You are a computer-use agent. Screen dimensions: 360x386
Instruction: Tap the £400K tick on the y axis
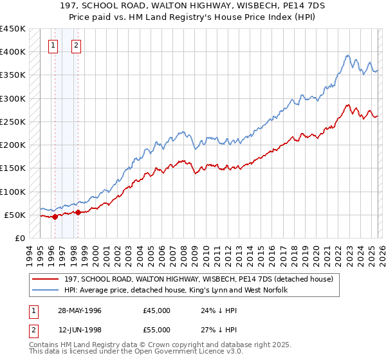(12, 52)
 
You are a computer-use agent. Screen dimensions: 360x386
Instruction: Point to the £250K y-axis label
(12, 122)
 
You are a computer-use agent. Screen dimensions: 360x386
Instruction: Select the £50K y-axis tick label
(15, 215)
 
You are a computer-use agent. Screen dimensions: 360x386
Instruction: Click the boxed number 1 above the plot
(52, 45)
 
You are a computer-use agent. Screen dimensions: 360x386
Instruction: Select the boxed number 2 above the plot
(76, 45)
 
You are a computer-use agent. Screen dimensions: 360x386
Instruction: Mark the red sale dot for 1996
(55, 217)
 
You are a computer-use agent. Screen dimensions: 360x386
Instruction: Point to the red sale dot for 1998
(78, 212)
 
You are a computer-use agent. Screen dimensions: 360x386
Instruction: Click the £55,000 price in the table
(157, 329)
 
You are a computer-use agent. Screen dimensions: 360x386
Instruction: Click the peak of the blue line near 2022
(347, 55)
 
